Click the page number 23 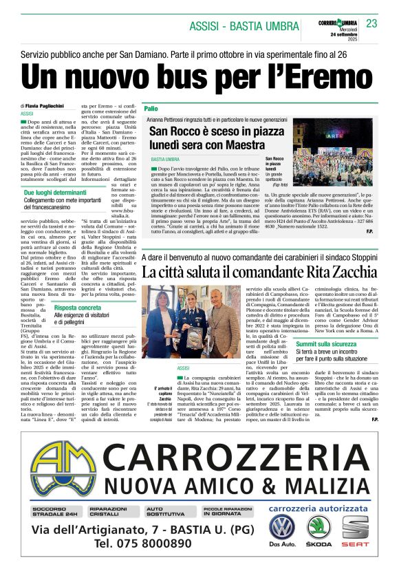(371, 23)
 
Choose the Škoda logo (319, 528)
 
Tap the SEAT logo (356, 528)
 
